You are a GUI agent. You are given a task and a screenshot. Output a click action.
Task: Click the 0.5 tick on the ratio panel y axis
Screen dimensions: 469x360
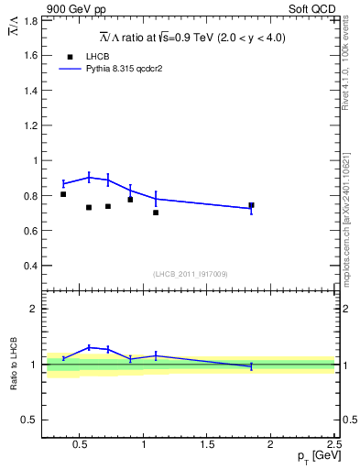coord(30,420)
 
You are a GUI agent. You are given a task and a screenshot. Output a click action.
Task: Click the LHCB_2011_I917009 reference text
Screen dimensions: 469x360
coord(190,274)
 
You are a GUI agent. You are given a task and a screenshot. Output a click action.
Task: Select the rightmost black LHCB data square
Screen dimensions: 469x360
coord(251,205)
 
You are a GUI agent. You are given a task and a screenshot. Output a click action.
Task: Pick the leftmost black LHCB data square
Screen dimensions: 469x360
coord(63,194)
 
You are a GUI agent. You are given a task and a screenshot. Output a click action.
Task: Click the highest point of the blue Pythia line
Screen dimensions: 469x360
coord(89,177)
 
